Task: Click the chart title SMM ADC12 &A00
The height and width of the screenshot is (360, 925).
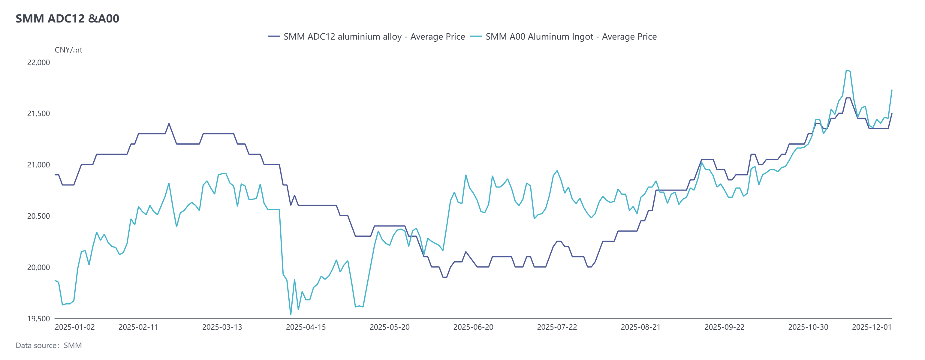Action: pos(67,18)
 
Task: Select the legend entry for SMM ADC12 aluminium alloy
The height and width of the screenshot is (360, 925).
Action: pos(366,37)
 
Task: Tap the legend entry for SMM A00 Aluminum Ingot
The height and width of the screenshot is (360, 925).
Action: pos(564,37)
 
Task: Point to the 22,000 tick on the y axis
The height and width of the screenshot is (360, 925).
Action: pos(38,62)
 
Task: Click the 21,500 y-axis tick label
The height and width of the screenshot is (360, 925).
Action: pos(38,113)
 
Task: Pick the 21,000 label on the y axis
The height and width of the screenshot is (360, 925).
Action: pos(38,165)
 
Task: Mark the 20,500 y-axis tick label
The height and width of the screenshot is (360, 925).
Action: pos(38,216)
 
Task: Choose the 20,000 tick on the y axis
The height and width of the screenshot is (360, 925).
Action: pos(38,267)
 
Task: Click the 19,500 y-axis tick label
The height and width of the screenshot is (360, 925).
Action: pos(38,319)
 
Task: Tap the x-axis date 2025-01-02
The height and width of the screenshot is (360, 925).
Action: pos(75,327)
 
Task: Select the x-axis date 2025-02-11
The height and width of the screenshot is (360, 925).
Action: pos(138,327)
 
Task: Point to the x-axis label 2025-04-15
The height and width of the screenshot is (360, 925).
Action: pos(306,327)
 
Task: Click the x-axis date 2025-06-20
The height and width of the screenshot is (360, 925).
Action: pos(473,327)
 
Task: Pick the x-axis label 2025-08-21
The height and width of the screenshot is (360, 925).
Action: pos(640,327)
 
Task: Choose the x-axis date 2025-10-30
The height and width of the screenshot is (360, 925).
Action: pos(808,327)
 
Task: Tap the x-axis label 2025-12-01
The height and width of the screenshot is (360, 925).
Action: pos(872,327)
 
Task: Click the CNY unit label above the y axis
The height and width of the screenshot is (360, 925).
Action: pos(68,50)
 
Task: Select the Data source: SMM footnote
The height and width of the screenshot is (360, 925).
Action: pos(49,345)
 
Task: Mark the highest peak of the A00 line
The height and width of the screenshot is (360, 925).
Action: pos(846,70)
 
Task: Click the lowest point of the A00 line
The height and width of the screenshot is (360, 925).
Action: pos(291,315)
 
